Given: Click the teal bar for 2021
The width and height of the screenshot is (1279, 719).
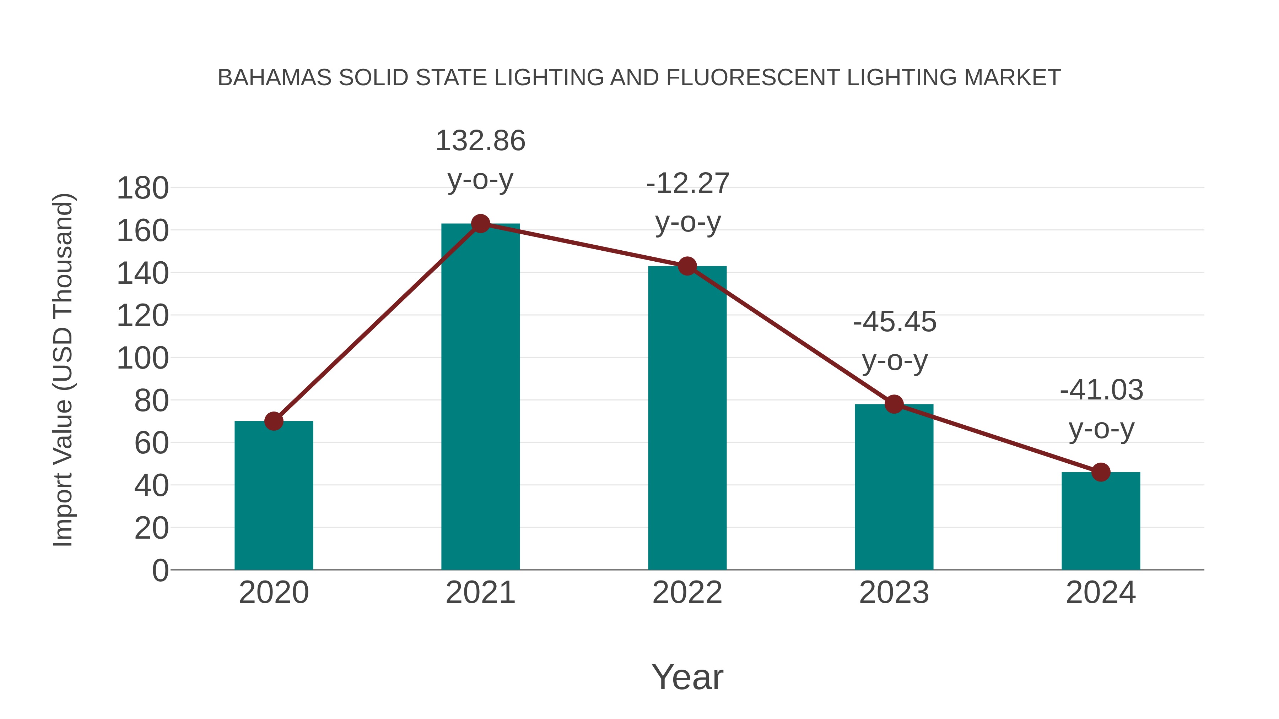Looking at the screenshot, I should [x=480, y=397].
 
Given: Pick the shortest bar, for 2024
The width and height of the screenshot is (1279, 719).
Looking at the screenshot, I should [x=1101, y=521].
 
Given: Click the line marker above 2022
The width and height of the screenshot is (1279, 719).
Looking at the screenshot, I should [x=687, y=266].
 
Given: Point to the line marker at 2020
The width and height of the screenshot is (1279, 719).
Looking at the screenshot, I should [x=274, y=421].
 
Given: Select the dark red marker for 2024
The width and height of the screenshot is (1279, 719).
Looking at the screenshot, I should [x=1101, y=472].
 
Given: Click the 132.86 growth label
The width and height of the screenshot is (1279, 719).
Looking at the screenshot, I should [x=480, y=141].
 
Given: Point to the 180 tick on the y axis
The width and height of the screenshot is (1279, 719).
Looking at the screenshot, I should [x=142, y=189].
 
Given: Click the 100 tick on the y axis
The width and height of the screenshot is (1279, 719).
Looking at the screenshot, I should [x=142, y=358].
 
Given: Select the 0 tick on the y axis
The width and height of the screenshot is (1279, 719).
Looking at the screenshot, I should [x=160, y=570].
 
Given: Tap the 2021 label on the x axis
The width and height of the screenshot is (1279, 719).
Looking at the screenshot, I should [x=480, y=593].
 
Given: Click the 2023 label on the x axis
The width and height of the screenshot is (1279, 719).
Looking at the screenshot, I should [x=894, y=593].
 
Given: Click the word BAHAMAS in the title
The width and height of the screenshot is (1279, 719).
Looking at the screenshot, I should [x=274, y=78].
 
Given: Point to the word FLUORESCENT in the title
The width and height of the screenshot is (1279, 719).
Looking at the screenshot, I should [x=753, y=78].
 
